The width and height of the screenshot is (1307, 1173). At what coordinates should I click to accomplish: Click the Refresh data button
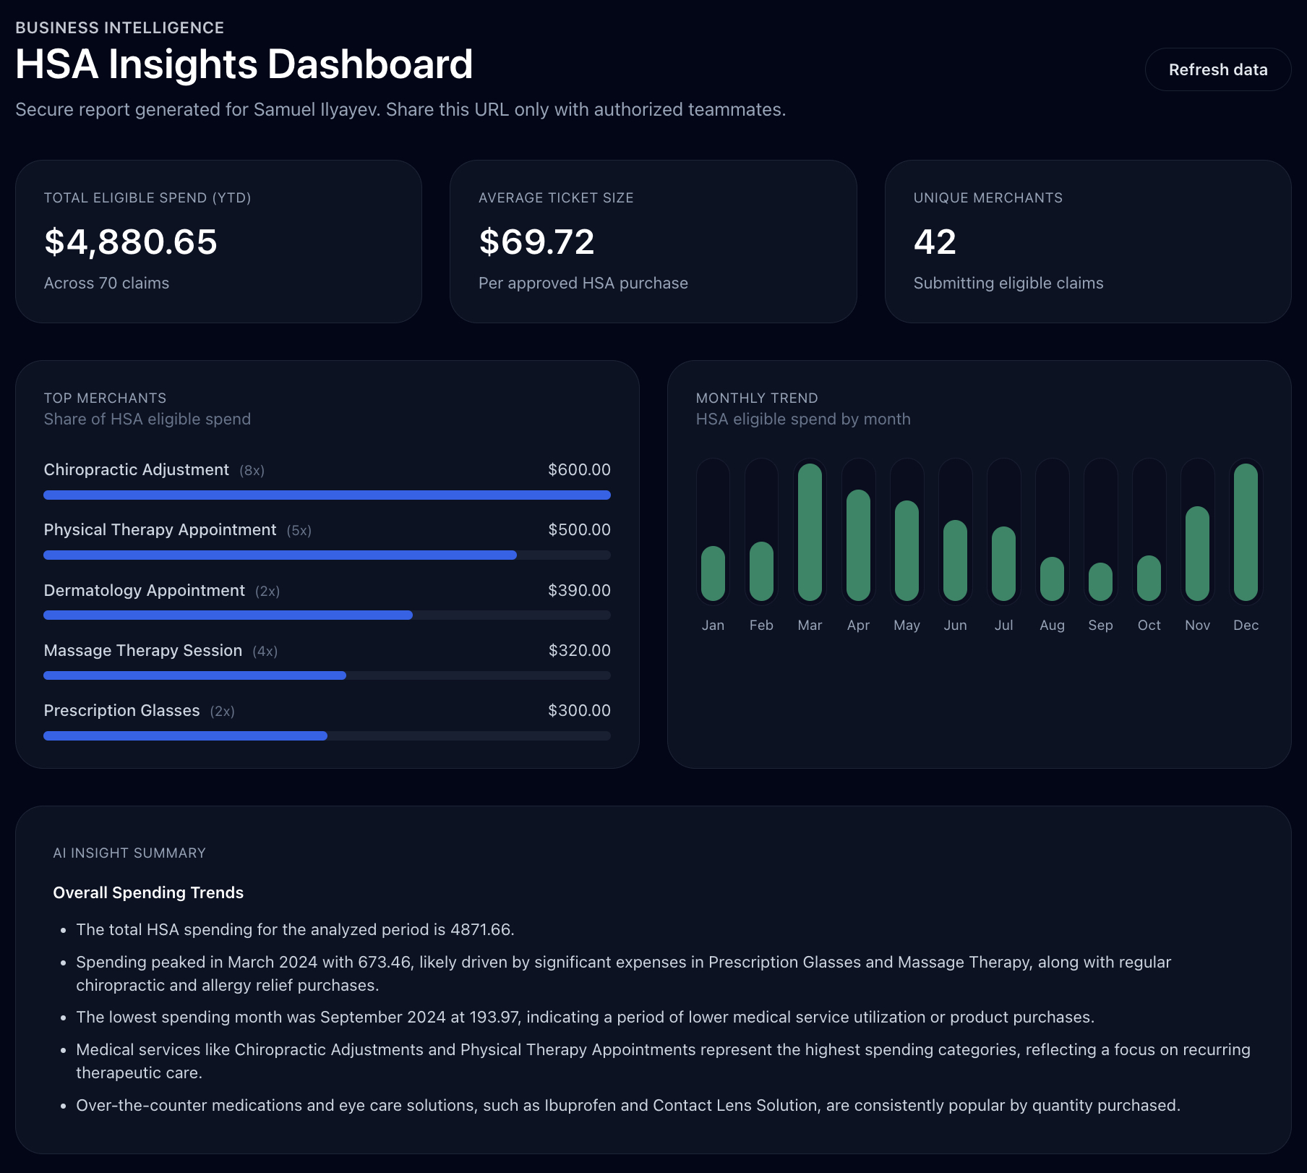(x=1217, y=69)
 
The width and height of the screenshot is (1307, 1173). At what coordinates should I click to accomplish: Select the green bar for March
(x=810, y=532)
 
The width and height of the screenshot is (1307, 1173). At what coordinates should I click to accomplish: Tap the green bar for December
(x=1246, y=532)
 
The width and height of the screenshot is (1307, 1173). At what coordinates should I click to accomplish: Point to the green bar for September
(x=1100, y=582)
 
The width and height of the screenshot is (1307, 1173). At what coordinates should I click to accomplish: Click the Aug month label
(x=1052, y=626)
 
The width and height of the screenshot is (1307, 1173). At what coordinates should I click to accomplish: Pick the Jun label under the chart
(x=955, y=626)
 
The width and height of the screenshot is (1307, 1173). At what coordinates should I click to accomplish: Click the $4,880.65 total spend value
(x=131, y=242)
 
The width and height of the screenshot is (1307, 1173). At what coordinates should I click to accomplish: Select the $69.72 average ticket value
(x=536, y=242)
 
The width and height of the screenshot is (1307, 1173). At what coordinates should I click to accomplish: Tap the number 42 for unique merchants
(x=935, y=242)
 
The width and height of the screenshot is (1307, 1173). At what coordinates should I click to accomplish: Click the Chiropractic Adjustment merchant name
(x=137, y=470)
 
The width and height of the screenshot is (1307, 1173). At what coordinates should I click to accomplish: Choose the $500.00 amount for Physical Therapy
(x=579, y=530)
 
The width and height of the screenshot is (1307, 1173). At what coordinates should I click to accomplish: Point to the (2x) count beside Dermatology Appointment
(x=267, y=592)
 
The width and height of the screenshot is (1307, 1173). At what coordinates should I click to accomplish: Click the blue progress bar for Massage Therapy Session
(x=195, y=675)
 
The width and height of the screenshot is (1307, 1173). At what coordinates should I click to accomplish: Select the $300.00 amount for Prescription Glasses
(x=579, y=711)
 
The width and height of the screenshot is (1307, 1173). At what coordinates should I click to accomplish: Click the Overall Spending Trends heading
(x=148, y=893)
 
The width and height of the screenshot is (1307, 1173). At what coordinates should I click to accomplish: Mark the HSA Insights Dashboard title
(x=244, y=64)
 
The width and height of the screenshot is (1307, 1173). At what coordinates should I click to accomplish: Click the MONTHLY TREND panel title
(x=757, y=398)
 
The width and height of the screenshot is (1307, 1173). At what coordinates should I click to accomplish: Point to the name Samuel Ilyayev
(x=316, y=110)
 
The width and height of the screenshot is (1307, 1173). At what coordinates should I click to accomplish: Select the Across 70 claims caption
(x=106, y=283)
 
